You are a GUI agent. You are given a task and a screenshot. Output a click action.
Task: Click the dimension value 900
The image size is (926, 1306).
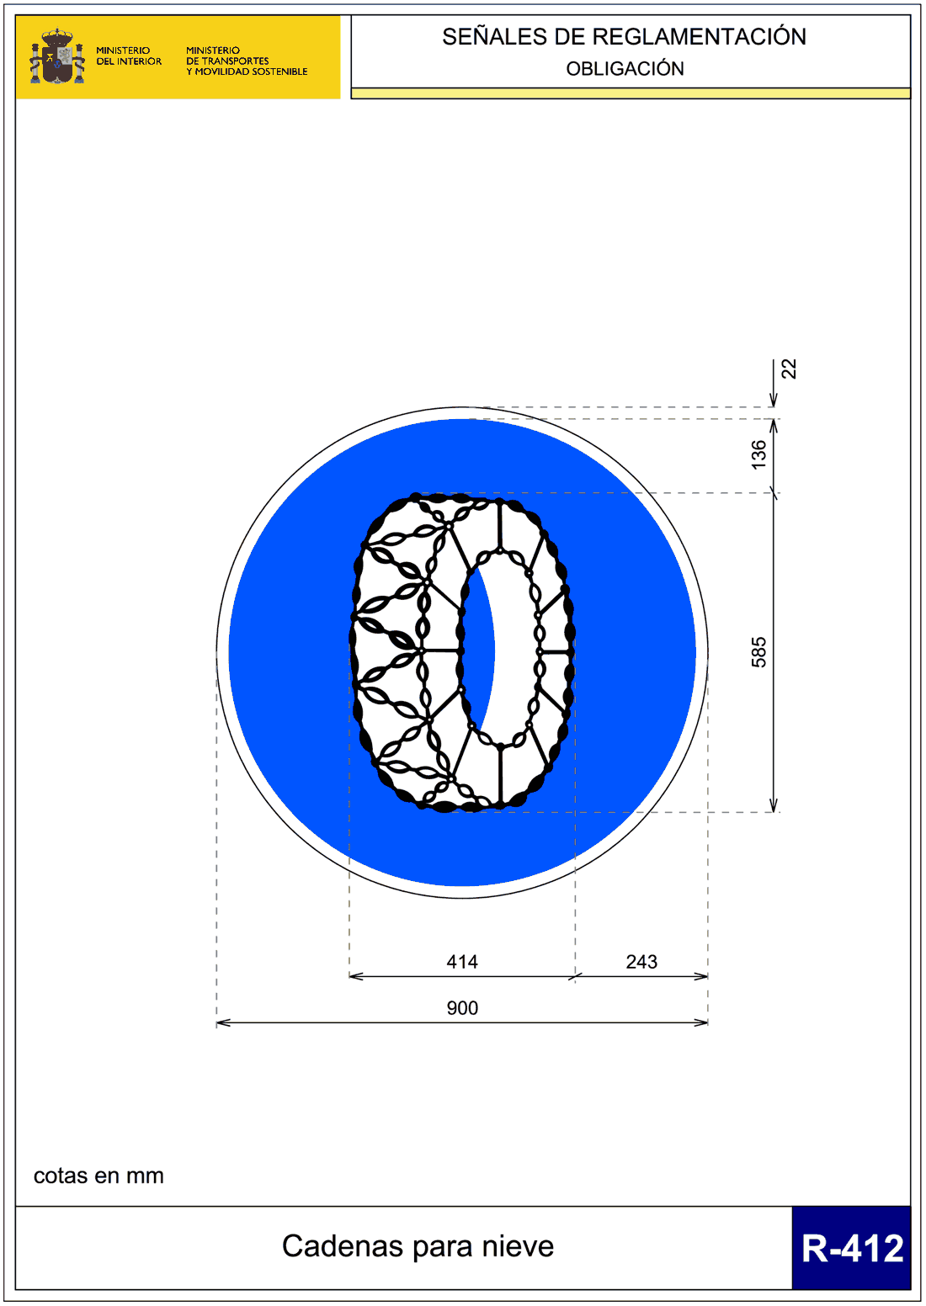tap(462, 1008)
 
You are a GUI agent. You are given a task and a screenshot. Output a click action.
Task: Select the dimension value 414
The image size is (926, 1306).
tap(462, 962)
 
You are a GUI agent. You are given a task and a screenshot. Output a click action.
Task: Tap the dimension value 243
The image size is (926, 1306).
tap(641, 962)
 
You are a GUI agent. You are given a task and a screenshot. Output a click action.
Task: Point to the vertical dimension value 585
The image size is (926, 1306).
tap(758, 652)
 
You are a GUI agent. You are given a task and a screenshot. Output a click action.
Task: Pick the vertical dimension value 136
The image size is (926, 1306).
tap(758, 454)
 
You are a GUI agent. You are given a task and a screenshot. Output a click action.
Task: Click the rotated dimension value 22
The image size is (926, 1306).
tap(789, 369)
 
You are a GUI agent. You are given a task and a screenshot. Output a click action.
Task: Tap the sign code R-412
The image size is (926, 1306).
tap(852, 1248)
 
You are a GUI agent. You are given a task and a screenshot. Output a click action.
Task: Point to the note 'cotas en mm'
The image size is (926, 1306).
tap(98, 1176)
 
